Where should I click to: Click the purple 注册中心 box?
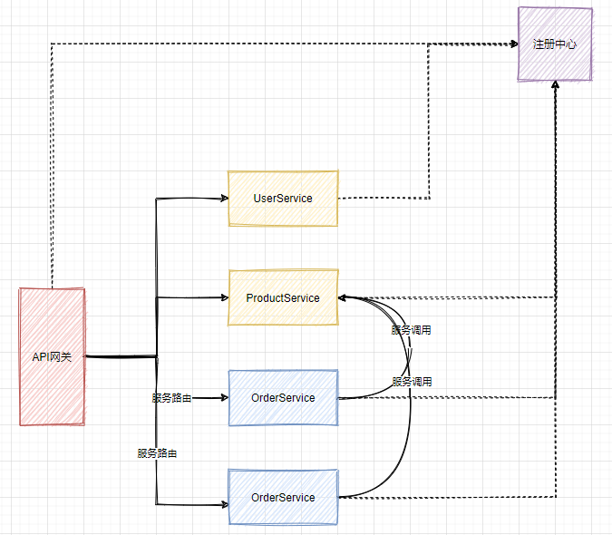point(555,44)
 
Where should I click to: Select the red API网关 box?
point(52,356)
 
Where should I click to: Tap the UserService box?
point(283,198)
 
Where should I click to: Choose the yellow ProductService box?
point(283,297)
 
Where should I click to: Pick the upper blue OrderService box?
point(283,397)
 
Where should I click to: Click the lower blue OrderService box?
point(283,497)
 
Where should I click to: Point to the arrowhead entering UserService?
point(222,198)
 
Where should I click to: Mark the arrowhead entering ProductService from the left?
point(222,297)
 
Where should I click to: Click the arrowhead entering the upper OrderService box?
point(222,397)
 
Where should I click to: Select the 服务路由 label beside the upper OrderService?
point(171,398)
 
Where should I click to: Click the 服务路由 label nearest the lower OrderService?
point(157,452)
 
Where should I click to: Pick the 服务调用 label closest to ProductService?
point(412,330)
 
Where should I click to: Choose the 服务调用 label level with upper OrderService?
point(412,382)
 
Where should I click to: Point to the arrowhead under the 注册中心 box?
point(555,85)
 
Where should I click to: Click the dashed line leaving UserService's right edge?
point(381,197)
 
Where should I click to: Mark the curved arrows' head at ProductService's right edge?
point(344,297)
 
